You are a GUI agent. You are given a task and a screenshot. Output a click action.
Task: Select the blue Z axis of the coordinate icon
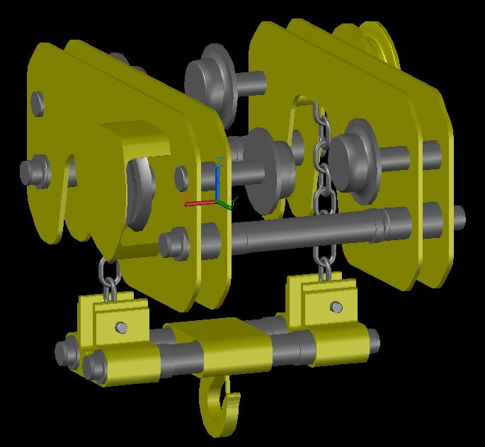(219, 177)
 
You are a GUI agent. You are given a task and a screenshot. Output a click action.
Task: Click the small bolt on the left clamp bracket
(122, 327)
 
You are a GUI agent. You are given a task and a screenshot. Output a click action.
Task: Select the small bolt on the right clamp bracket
(336, 307)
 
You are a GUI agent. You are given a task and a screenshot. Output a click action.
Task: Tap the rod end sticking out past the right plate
(459, 215)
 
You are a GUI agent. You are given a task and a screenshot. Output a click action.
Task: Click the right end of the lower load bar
(371, 343)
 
